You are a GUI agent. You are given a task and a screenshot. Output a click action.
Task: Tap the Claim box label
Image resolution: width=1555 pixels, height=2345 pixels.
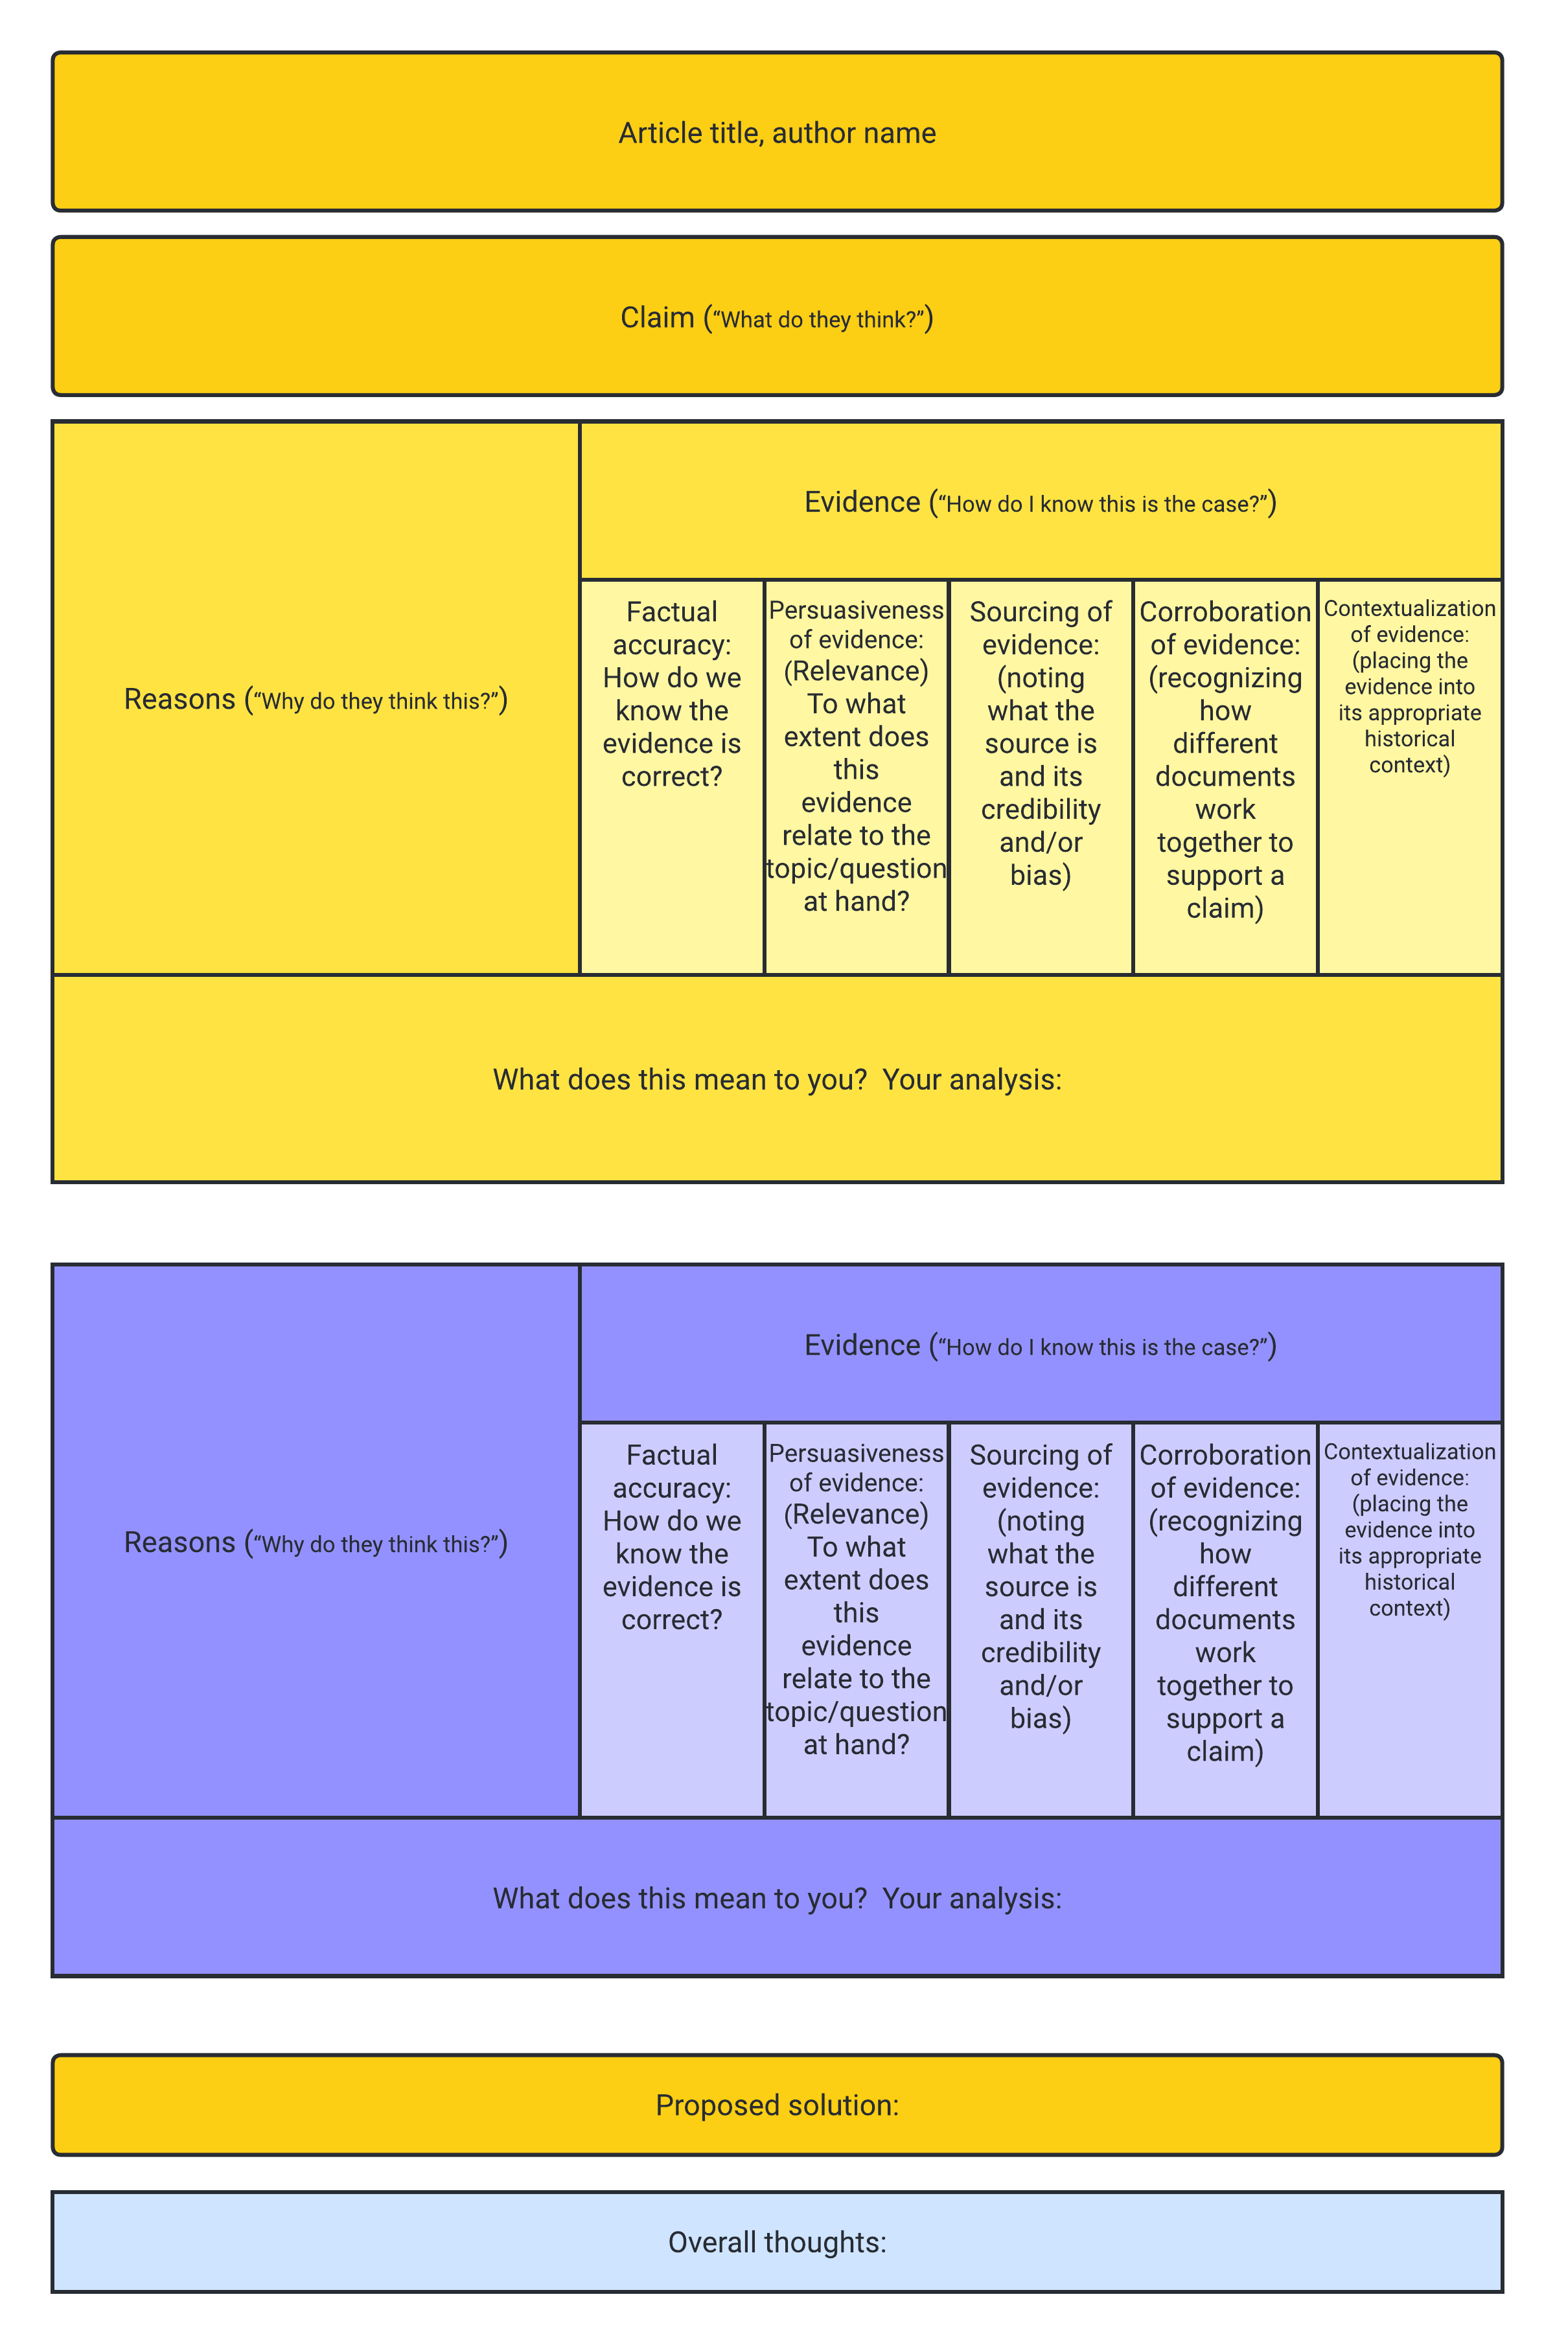point(776,318)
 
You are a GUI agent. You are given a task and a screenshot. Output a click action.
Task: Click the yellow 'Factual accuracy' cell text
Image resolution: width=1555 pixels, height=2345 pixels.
point(671,694)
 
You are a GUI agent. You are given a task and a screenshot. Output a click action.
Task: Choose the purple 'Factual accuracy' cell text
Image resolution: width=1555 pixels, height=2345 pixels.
point(671,1537)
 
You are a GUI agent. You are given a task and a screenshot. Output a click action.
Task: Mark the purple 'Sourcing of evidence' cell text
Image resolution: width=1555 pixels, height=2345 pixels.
point(1041,1586)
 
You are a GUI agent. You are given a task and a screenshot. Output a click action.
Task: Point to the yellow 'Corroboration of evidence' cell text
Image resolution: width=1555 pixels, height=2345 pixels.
point(1225,759)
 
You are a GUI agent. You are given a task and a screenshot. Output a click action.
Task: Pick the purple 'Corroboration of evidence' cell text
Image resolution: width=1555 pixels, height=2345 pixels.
point(1225,1603)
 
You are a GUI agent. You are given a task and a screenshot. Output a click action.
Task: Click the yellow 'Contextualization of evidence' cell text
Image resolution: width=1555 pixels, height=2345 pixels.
point(1409,686)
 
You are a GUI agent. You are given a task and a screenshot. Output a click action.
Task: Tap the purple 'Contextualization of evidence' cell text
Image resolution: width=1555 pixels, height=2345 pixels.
point(1409,1529)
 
